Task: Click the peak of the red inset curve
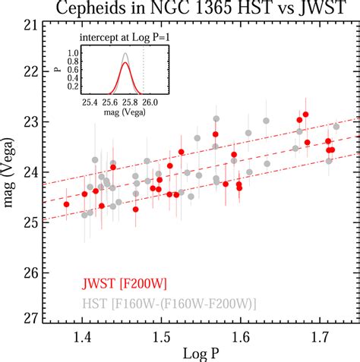(x=127, y=64)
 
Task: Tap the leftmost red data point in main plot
(x=67, y=204)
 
